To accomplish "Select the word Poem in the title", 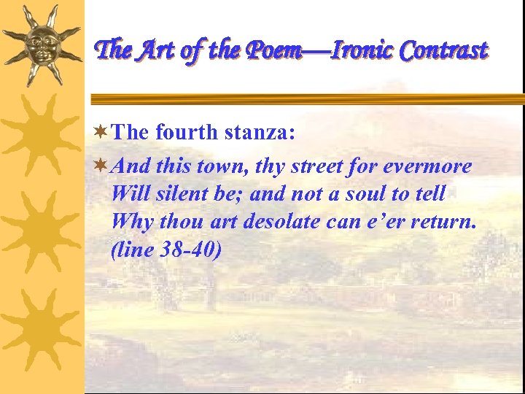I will coord(280,50).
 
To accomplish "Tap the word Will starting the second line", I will coord(129,194).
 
